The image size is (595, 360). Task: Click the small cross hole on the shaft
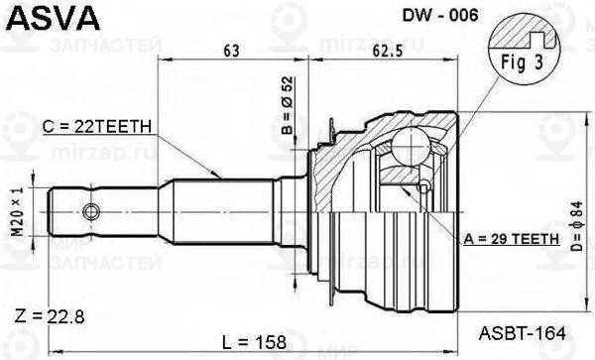click(x=92, y=210)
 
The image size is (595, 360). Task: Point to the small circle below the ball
click(x=424, y=188)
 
